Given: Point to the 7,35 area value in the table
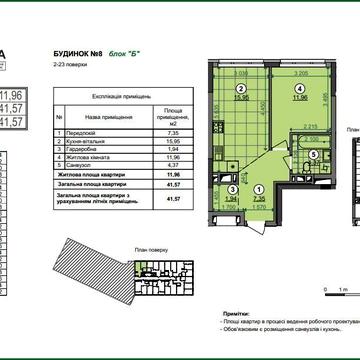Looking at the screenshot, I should click(x=173, y=131).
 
